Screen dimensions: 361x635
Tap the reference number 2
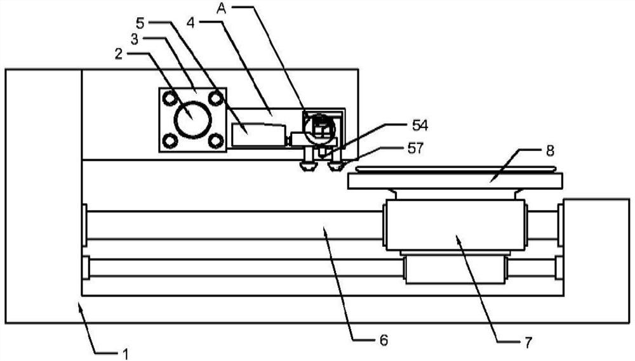click(x=119, y=55)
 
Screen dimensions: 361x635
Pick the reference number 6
click(x=384, y=340)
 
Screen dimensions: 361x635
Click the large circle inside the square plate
click(x=192, y=119)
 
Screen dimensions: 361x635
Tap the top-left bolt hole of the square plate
click(x=170, y=98)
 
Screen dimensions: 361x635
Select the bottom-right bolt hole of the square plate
click(x=215, y=140)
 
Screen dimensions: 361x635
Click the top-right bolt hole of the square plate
click(x=215, y=98)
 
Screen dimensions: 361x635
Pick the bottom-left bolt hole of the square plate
click(x=170, y=140)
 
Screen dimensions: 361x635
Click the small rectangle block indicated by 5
click(x=257, y=135)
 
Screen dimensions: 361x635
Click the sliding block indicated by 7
click(x=454, y=225)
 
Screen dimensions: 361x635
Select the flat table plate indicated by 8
click(x=455, y=181)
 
